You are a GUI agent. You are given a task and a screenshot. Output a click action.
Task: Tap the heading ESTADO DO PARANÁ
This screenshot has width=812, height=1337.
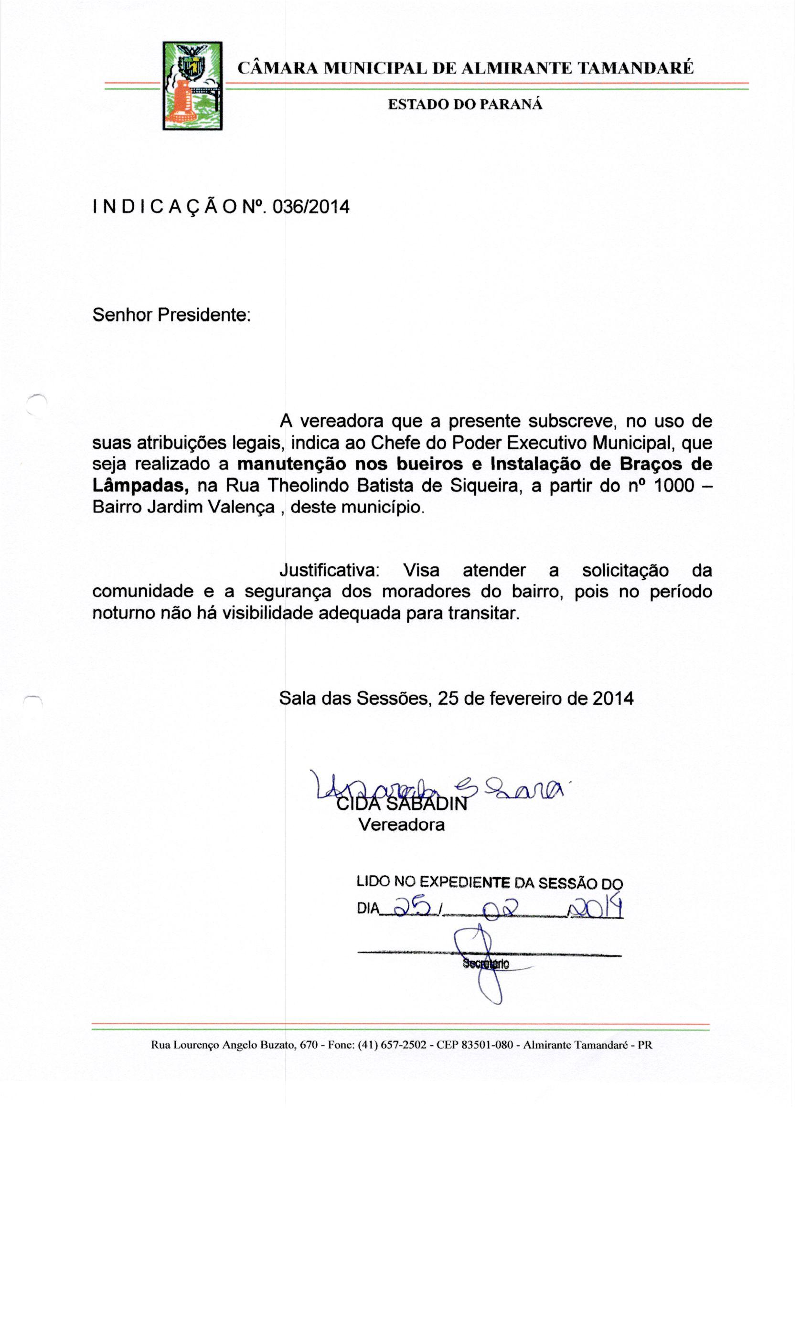[465, 104]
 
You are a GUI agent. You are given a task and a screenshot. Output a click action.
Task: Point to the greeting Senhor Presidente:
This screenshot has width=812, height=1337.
[171, 314]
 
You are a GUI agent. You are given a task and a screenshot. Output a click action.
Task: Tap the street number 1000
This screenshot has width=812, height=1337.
[673, 485]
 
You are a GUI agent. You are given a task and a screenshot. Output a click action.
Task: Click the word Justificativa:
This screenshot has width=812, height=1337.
[330, 570]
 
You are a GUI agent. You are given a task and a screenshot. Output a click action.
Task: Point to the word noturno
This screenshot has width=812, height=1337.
[123, 613]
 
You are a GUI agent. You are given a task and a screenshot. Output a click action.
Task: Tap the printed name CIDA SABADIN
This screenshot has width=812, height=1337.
[402, 803]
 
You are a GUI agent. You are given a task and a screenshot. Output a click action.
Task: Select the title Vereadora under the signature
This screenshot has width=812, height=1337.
[401, 825]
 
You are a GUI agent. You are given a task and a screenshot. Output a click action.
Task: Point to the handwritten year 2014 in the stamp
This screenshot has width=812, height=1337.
[594, 905]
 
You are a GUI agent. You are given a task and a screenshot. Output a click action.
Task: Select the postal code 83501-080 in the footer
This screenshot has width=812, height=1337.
[486, 1045]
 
